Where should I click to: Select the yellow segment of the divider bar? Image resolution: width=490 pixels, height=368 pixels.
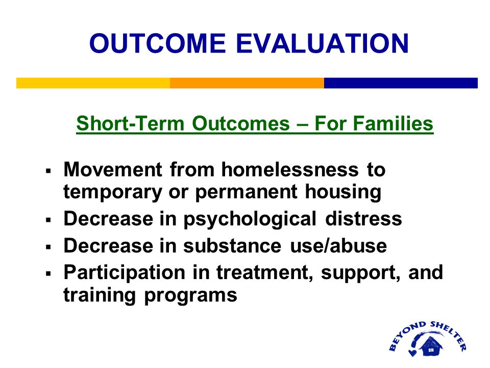coord(93,83)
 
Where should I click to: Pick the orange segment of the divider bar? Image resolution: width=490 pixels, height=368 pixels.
coord(247,83)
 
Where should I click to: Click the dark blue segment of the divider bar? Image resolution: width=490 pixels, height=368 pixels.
coord(401,83)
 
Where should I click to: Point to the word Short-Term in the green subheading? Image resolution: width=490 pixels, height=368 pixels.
coord(130,123)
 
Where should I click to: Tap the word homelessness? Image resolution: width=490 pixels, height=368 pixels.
coord(290,170)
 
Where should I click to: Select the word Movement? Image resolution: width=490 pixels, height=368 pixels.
coord(113,170)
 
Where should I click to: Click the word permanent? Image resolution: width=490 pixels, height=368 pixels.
coord(246,192)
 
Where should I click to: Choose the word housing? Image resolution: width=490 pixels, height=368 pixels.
coord(343,192)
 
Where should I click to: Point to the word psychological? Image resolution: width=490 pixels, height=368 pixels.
coord(250,219)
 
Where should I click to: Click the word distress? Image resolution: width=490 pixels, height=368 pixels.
coord(363,218)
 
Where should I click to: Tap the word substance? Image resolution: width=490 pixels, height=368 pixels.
coord(232,246)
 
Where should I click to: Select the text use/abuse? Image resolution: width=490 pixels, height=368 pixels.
coord(338,246)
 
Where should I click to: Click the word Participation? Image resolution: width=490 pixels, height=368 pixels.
coord(125,273)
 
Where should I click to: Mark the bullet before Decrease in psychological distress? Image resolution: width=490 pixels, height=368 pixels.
coord(48,220)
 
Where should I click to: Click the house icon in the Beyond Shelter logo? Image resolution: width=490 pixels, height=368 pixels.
coord(431,346)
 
